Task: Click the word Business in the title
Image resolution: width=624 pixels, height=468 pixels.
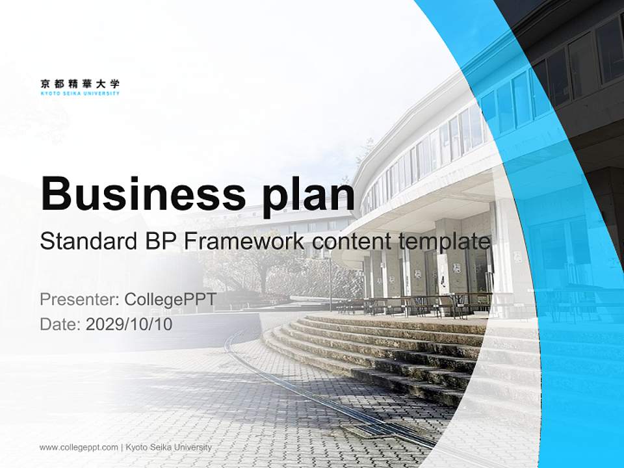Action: click(x=136, y=193)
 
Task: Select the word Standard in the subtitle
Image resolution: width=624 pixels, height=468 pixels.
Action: click(x=86, y=242)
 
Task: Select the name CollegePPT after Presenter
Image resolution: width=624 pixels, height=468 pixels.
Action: click(x=170, y=300)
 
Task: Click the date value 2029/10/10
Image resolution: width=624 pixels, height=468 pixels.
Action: click(x=129, y=324)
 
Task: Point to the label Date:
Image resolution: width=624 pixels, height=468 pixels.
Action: click(x=60, y=324)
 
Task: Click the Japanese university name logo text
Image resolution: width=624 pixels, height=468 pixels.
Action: click(x=80, y=83)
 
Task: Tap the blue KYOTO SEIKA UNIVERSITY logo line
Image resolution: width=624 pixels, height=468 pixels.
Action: click(x=80, y=94)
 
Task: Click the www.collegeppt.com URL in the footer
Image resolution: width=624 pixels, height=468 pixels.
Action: click(x=79, y=447)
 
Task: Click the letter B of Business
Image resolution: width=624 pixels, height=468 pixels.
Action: click(x=55, y=193)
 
